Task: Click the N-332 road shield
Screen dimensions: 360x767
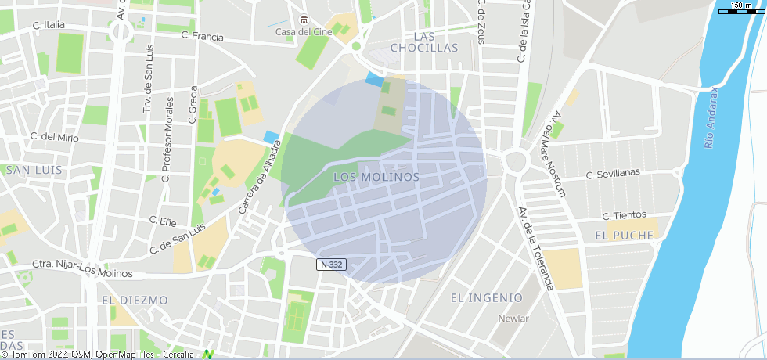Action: pos(331,265)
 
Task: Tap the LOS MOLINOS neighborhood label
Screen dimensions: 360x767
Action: pos(376,178)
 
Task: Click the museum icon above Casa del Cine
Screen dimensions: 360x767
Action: pos(304,20)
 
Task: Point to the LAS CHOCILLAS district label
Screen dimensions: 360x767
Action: pos(435,42)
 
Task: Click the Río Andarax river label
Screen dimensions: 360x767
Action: pos(711,117)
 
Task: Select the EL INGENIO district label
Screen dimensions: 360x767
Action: pos(486,297)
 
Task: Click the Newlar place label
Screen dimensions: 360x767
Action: pos(514,319)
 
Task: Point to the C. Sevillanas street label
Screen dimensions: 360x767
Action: pos(613,173)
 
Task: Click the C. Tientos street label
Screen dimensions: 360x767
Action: pos(624,215)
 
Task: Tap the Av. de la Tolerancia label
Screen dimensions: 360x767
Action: pos(536,248)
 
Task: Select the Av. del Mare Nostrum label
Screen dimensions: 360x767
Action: pos(559,153)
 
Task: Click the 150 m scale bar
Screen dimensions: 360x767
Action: pos(740,9)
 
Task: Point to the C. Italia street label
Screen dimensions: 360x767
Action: pos(49,25)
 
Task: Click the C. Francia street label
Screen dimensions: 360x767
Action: pos(201,36)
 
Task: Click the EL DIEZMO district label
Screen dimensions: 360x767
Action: pos(135,300)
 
